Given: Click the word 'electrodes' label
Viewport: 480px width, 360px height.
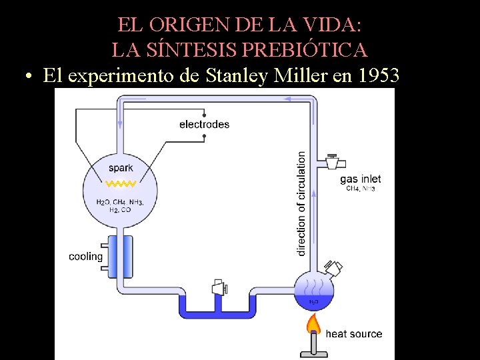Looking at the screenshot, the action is coord(204,124).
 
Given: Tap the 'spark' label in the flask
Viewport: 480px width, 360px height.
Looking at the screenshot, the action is coord(121,168).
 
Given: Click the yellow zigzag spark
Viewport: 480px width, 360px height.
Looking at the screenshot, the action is coord(122,183).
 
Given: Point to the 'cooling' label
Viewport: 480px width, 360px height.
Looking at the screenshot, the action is coord(86,257).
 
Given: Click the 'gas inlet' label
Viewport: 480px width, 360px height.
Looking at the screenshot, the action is coord(360,179).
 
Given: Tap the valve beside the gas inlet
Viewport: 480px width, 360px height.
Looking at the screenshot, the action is coord(332,161).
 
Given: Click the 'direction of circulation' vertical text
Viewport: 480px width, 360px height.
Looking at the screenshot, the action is coord(301,203).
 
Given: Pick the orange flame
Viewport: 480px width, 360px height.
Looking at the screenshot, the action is coord(313,325).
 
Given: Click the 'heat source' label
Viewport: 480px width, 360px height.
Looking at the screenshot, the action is coord(354,333).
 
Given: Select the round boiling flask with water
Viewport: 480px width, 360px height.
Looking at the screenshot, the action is coord(313,292).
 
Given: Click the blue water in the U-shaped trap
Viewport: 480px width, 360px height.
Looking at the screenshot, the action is coord(217,309).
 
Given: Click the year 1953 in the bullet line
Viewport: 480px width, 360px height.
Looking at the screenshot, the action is coord(379,76).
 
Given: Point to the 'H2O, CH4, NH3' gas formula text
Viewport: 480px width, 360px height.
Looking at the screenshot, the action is coord(119,202).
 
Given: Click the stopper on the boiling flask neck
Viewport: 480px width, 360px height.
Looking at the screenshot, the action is coord(335,268).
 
